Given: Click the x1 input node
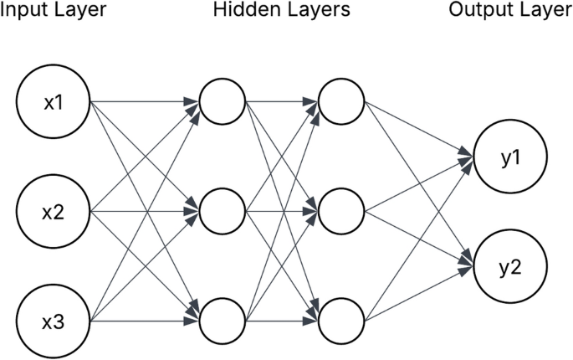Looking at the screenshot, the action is tap(54, 101).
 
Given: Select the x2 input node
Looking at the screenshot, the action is tap(54, 212).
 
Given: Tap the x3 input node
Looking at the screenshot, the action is tap(54, 321).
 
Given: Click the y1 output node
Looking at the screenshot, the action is tap(510, 157).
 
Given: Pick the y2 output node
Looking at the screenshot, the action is tap(510, 266).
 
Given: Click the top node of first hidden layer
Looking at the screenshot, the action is tap(223, 101).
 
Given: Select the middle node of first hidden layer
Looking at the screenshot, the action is tap(223, 212).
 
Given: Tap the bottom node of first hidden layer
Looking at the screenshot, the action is tap(223, 321).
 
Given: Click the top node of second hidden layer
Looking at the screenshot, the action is tap(341, 101).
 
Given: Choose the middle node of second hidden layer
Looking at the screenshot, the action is tap(341, 212).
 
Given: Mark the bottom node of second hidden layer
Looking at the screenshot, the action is tap(341, 321).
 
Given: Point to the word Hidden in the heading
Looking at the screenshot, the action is tap(246, 9).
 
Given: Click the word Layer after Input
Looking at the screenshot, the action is tap(78, 10).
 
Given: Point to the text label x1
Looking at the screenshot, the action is tap(54, 103).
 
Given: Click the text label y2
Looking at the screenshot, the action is tap(510, 269).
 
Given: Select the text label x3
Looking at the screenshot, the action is tap(54, 322).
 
